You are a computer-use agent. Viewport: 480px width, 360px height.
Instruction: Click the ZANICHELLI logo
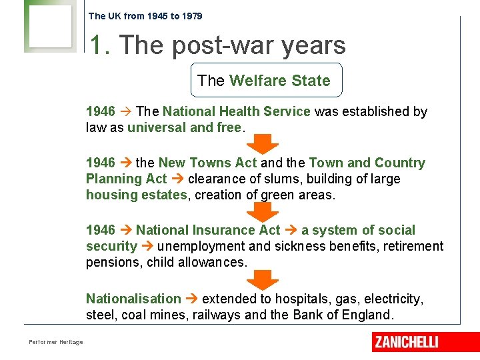click(x=406, y=342)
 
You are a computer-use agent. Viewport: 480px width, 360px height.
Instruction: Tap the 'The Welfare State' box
click(x=266, y=81)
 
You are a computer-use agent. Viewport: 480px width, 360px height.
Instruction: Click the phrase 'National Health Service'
click(x=237, y=111)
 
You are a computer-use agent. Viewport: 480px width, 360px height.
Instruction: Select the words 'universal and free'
click(x=184, y=127)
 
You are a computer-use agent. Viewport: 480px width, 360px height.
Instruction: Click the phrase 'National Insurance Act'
click(x=208, y=230)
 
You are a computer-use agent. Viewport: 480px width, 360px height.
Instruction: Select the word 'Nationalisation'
click(x=133, y=299)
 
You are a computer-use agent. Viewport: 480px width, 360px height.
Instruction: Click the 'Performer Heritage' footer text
click(x=56, y=342)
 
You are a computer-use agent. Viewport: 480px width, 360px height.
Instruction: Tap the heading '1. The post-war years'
click(x=218, y=45)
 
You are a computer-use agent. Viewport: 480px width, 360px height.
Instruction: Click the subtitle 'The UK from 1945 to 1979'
click(x=145, y=16)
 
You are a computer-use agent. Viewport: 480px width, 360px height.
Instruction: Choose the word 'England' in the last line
click(x=367, y=315)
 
